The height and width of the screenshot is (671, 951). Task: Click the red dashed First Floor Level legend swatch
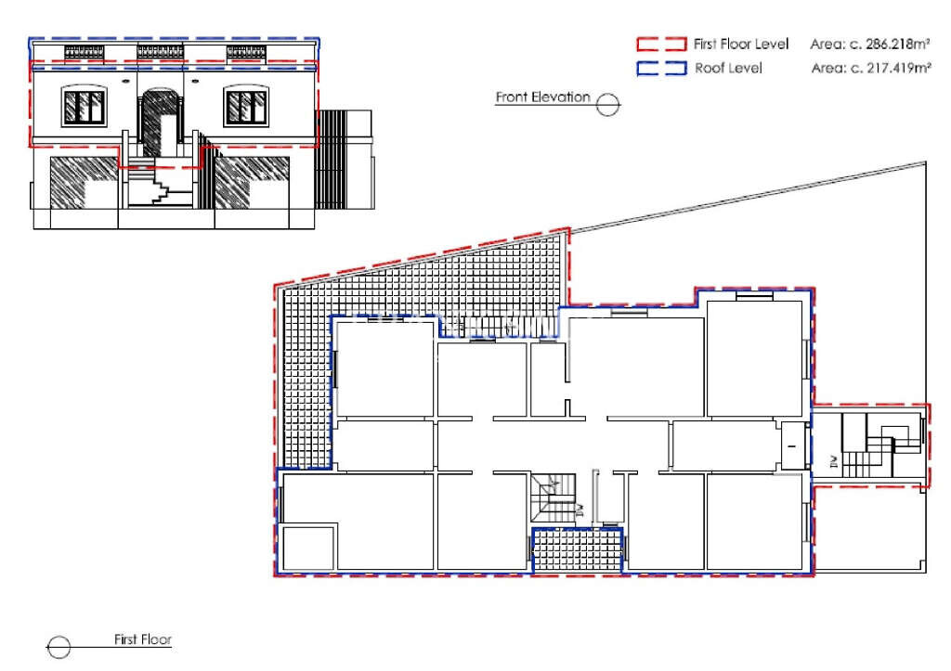[660, 45]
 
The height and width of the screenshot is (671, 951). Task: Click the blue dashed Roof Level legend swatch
[660, 68]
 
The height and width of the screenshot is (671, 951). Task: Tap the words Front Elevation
[542, 97]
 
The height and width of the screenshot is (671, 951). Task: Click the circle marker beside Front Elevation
[608, 104]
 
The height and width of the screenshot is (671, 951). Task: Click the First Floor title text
[142, 639]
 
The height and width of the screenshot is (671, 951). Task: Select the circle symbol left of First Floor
[59, 647]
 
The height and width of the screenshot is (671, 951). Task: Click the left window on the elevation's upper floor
[84, 107]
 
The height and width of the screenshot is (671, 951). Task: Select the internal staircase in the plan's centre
[554, 497]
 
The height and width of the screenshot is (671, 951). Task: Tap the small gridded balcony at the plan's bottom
[576, 550]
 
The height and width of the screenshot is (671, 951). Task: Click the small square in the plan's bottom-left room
[308, 548]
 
